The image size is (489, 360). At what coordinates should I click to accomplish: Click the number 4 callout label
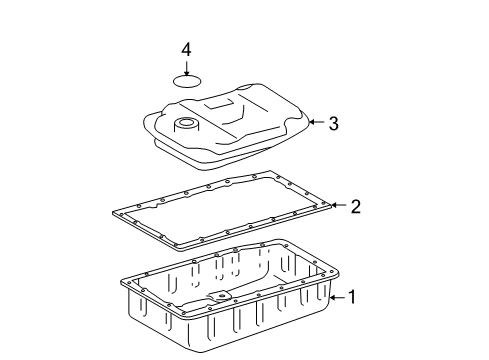(x=186, y=49)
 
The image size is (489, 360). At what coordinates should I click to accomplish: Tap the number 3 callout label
(x=334, y=124)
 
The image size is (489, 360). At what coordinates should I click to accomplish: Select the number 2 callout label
(x=354, y=207)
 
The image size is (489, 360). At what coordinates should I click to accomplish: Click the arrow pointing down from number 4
(x=186, y=66)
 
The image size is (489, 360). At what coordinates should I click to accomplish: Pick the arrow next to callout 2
(x=337, y=206)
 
